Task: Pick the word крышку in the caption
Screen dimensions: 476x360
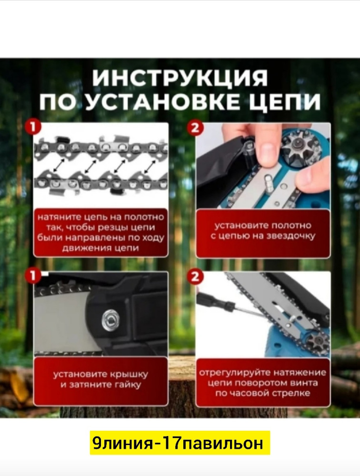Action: [x=126, y=374]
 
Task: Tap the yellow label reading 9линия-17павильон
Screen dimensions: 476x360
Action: [x=180, y=443]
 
